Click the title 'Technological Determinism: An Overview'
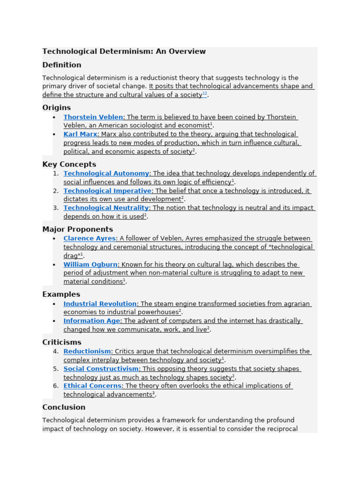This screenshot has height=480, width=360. (124, 52)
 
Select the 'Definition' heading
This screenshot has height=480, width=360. (61, 65)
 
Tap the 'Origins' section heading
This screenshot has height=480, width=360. (56, 107)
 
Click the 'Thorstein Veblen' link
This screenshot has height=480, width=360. (93, 117)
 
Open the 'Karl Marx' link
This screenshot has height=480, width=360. (80, 135)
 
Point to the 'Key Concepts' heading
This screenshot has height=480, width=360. (69, 165)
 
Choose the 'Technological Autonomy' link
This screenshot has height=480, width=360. (106, 173)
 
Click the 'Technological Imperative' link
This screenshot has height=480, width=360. (107, 191)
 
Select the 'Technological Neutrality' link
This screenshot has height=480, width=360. (106, 208)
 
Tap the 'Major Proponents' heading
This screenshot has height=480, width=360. (77, 229)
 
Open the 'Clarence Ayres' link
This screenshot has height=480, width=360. (90, 239)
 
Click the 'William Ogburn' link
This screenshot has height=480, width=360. (90, 264)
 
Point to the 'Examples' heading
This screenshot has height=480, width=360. (61, 294)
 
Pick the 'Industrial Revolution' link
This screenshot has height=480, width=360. (100, 304)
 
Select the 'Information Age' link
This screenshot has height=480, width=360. (92, 321)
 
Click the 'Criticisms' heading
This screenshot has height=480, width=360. (61, 342)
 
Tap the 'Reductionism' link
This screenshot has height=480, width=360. (87, 352)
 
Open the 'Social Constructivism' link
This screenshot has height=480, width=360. (101, 369)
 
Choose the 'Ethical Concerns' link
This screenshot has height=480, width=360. (92, 386)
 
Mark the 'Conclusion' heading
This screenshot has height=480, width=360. (64, 407)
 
